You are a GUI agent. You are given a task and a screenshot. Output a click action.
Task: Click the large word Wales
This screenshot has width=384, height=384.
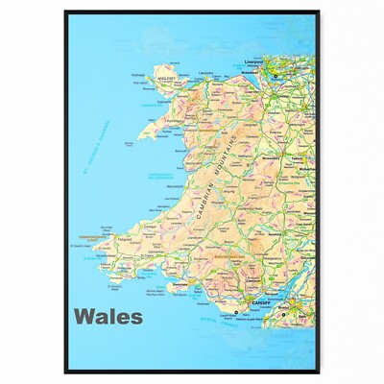pos(108,316)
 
